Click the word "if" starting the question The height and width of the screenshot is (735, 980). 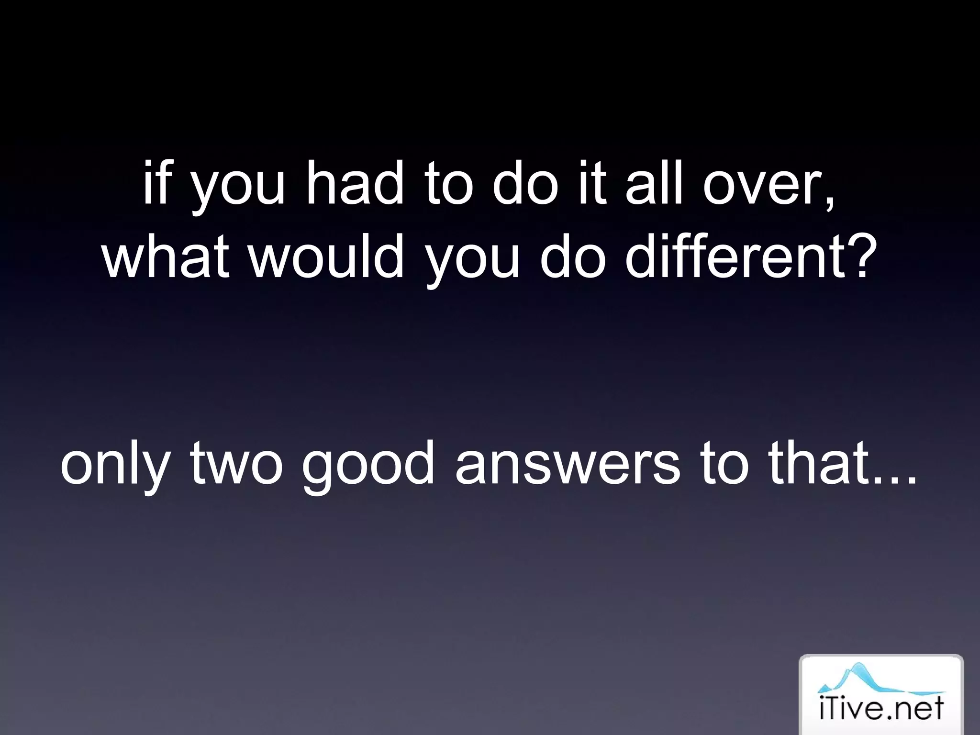(156, 183)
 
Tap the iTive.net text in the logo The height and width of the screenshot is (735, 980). (881, 708)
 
